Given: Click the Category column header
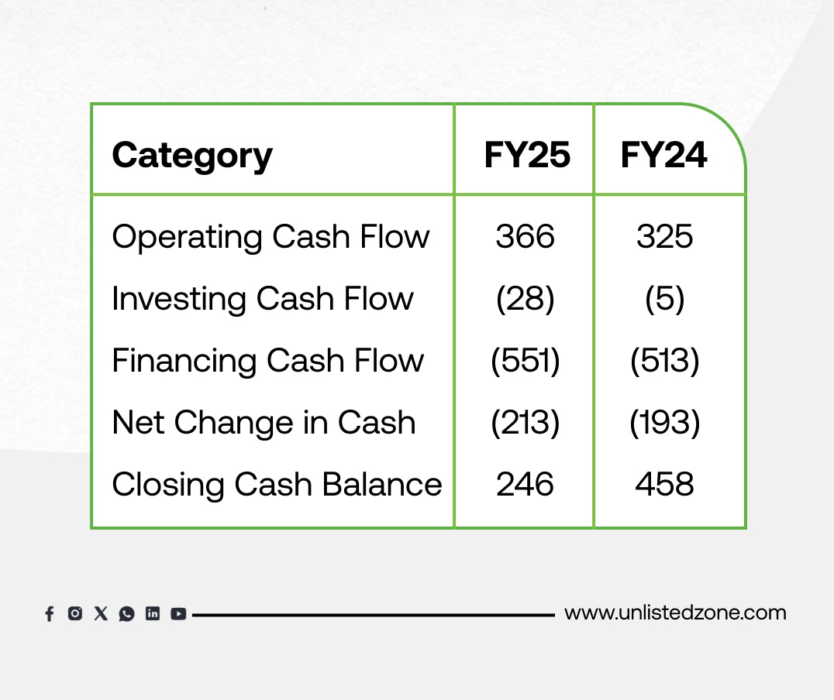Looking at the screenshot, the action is [192, 156].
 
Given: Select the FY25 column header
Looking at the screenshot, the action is [527, 155].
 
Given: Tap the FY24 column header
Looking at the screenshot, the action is [663, 155].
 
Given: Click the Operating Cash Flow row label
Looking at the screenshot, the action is [271, 237].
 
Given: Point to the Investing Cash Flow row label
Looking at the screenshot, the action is [263, 299].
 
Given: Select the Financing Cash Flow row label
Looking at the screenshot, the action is [268, 361].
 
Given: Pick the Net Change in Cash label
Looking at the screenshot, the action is [264, 423].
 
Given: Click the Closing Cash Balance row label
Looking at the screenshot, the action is [277, 485].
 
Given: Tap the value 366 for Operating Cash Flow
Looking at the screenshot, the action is [525, 236].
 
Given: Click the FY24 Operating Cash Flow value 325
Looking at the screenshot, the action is [665, 236].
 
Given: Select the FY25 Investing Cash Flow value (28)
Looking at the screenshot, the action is [525, 299].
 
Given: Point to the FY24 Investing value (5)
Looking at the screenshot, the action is [665, 299].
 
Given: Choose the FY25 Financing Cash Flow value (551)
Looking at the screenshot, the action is [525, 361].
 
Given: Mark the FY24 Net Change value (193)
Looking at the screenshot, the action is [665, 423].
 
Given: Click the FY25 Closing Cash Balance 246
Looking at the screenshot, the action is [525, 484].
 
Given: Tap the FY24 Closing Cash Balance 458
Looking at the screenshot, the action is [665, 484].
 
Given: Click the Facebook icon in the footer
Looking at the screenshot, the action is [50, 614].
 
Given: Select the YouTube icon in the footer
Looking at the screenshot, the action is [178, 614].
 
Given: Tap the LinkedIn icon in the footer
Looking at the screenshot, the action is [153, 614].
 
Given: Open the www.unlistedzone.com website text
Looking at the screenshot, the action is [676, 612].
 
